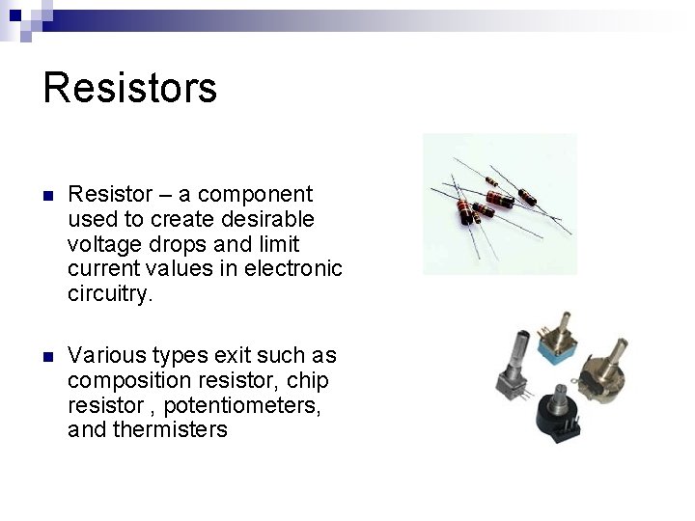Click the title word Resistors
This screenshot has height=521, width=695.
tap(130, 87)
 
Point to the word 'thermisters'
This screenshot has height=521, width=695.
tap(170, 430)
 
